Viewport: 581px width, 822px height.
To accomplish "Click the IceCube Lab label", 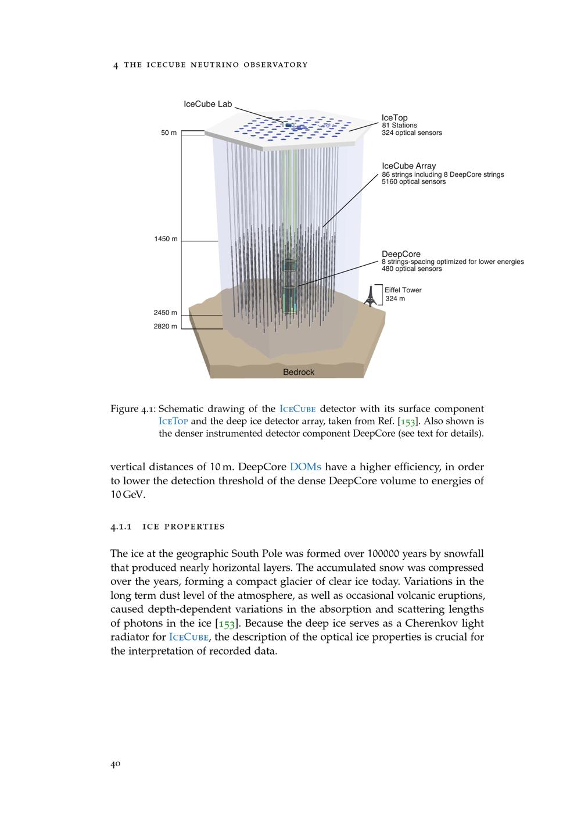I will [x=207, y=105].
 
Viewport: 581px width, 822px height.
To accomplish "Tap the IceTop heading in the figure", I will [x=394, y=118].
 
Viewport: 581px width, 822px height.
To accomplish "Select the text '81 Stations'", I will [x=399, y=126].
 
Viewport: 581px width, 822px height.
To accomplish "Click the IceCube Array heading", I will [x=408, y=166].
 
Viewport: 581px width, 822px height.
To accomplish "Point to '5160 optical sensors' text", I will [x=414, y=182].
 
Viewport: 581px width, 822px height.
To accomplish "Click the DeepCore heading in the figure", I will [x=401, y=254].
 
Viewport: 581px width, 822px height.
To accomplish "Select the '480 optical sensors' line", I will [x=411, y=269].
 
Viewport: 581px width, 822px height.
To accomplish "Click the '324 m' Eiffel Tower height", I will [x=395, y=299].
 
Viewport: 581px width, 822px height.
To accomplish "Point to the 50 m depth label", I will [x=168, y=133].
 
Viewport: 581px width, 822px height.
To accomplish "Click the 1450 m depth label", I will [x=166, y=239].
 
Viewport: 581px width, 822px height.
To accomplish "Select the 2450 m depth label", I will [x=165, y=313].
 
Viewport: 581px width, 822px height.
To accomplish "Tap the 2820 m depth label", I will [x=165, y=327].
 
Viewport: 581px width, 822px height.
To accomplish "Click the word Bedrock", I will [x=298, y=372].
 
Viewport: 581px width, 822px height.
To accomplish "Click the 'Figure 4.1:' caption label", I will [x=132, y=409].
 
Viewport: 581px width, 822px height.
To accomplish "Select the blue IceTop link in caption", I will [x=173, y=421].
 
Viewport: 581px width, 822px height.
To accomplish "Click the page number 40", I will [x=115, y=764].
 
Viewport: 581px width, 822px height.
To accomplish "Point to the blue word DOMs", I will [x=305, y=467].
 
